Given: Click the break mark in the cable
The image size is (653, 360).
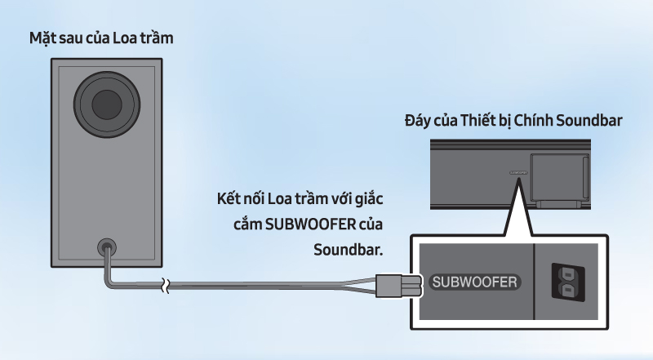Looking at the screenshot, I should (x=166, y=286).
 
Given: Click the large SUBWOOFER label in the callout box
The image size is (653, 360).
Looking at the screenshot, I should (x=474, y=283).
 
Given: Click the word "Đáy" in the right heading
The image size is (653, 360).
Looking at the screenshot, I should (x=419, y=122).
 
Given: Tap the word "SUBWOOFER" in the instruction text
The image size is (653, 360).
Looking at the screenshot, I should (x=315, y=224).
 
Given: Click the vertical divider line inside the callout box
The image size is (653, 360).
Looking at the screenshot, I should (x=533, y=282).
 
